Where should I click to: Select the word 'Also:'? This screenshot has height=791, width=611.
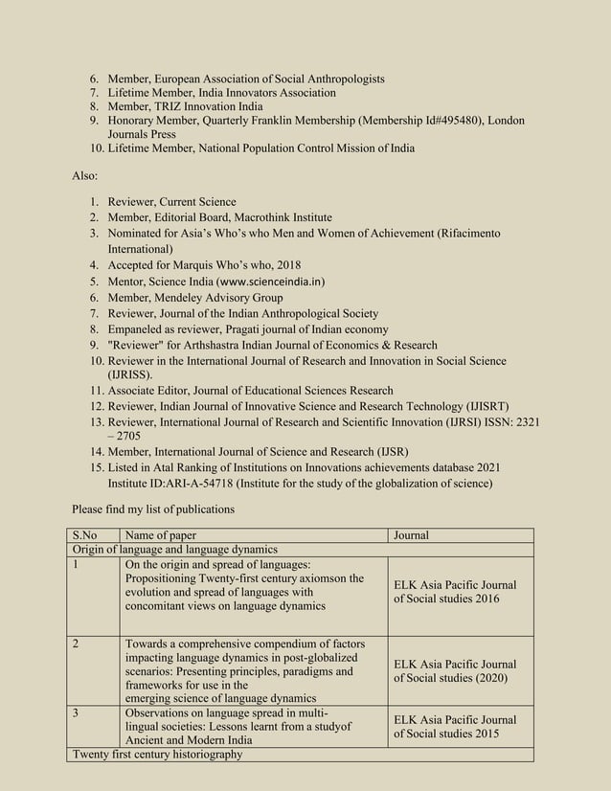(85, 176)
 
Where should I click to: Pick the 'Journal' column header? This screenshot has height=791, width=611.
(411, 535)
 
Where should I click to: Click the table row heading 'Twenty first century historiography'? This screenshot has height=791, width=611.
(158, 755)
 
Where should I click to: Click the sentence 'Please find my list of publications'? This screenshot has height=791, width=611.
(153, 508)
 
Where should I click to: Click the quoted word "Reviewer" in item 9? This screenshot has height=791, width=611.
(138, 345)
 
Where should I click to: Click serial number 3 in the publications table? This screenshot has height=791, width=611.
(75, 712)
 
